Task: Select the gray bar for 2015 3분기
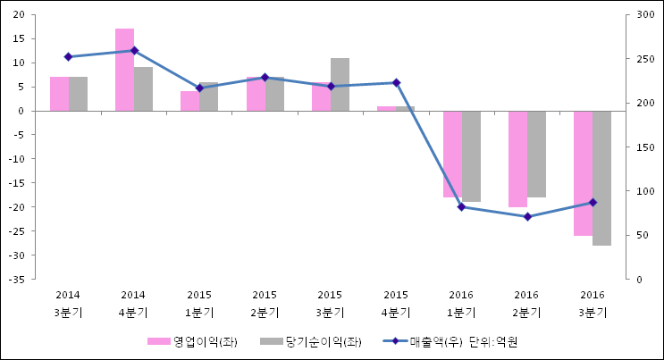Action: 340,85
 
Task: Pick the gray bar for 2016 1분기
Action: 471,156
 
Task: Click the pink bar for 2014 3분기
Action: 59,94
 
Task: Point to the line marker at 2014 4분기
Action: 134,51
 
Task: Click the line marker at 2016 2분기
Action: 527,217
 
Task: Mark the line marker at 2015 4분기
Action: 396,83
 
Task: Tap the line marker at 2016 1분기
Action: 461,207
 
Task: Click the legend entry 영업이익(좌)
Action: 192,342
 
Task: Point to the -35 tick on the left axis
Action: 17,280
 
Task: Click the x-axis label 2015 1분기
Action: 198,304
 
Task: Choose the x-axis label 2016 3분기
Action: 592,304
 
